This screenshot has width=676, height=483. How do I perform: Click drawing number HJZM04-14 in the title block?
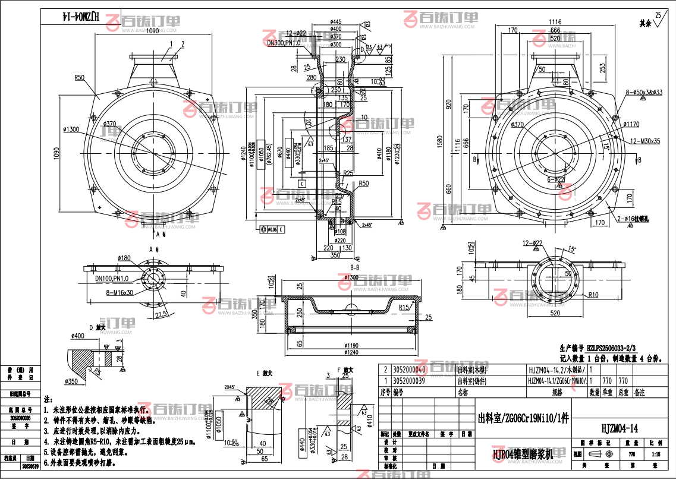(620, 428)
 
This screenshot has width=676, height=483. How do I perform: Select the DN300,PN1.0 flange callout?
(283, 43)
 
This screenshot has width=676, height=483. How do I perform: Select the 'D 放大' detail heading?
(96, 327)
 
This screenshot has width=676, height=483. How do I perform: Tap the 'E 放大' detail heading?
(263, 373)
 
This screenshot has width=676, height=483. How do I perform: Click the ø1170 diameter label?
(631, 125)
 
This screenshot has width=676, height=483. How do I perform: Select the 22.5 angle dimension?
(160, 314)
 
